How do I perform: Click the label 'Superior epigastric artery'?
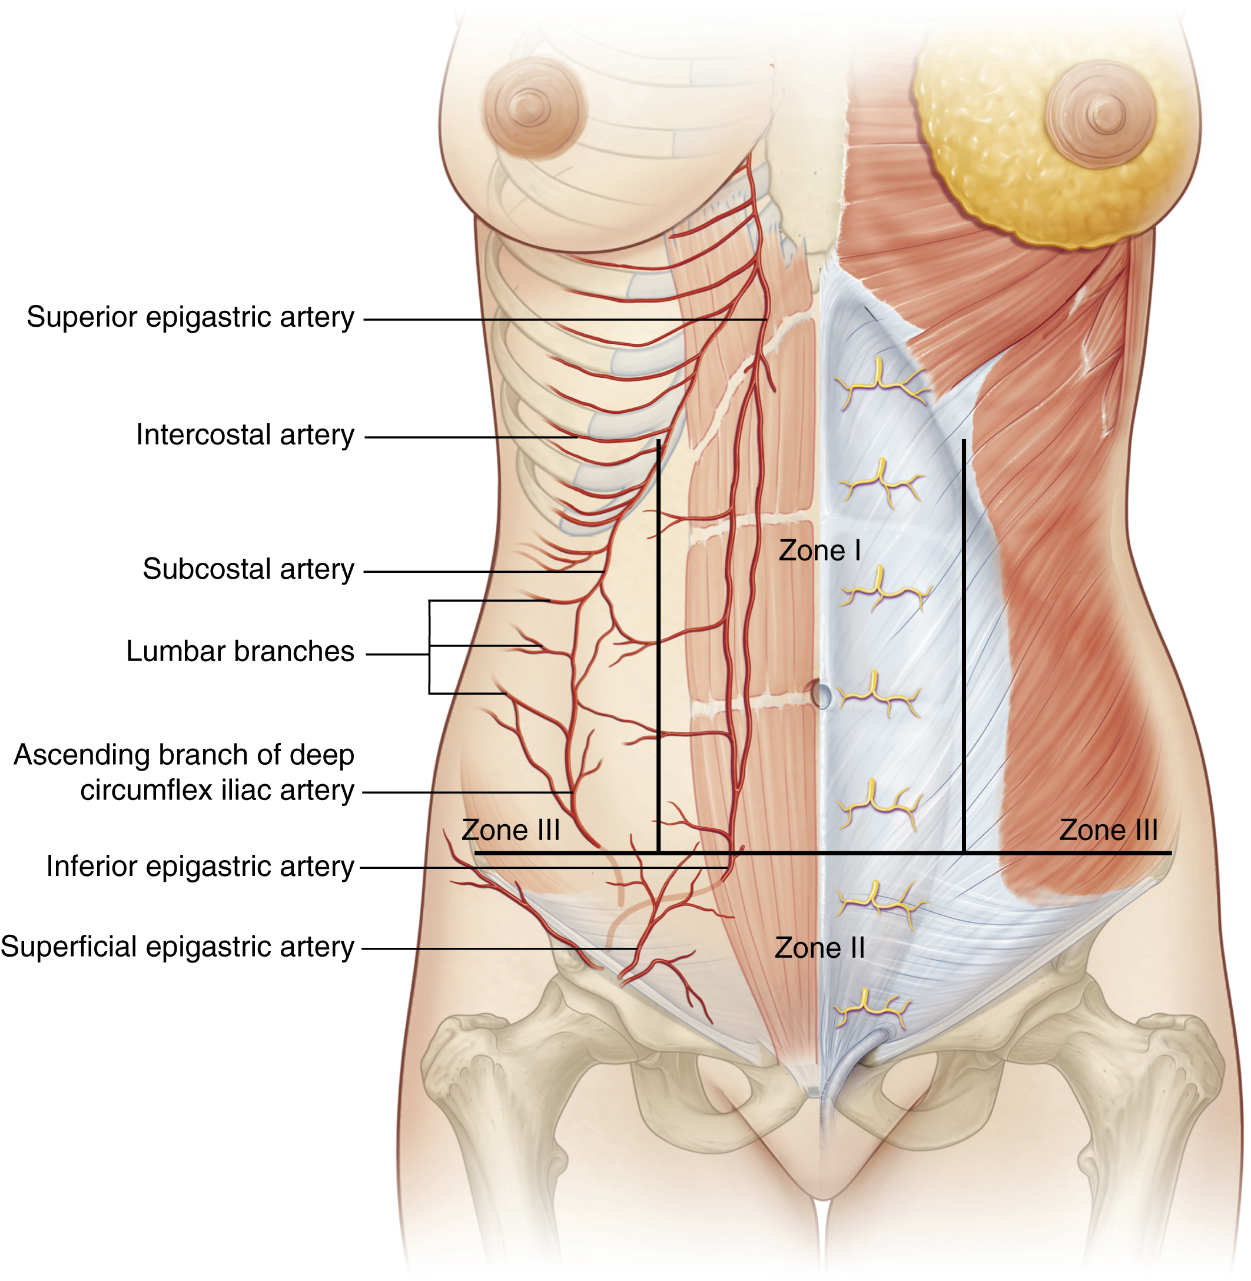(190, 317)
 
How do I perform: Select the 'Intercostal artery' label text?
(245, 435)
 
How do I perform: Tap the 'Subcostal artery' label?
(248, 569)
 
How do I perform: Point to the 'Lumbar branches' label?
(240, 652)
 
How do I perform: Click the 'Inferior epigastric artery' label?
(200, 867)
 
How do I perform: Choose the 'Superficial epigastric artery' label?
(177, 947)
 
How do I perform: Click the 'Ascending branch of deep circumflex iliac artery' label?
(184, 772)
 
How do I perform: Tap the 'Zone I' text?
(819, 550)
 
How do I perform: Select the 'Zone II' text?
(819, 948)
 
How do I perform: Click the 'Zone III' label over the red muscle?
(1109, 830)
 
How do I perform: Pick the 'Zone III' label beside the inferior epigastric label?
(510, 830)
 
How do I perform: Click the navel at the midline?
(821, 695)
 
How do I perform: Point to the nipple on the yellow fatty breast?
(1105, 112)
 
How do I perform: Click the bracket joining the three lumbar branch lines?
(430, 647)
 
